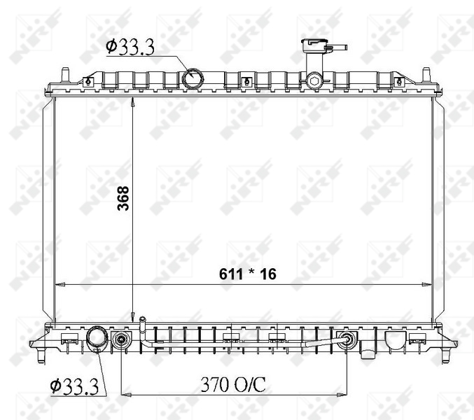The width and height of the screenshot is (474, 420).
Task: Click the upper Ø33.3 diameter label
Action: [x=130, y=48]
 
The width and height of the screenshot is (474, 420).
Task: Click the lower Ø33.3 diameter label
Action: [x=74, y=386]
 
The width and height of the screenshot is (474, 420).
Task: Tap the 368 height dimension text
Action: [x=123, y=198]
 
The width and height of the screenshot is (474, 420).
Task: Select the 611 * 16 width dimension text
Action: [x=248, y=274]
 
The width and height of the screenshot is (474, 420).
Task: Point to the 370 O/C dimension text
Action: [x=233, y=384]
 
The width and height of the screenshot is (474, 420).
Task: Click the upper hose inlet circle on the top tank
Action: [x=193, y=78]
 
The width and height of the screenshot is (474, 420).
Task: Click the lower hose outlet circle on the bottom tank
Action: [x=97, y=339]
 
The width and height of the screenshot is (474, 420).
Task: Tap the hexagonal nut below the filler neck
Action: [x=314, y=80]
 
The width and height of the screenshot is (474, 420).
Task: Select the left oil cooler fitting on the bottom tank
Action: [x=121, y=340]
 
